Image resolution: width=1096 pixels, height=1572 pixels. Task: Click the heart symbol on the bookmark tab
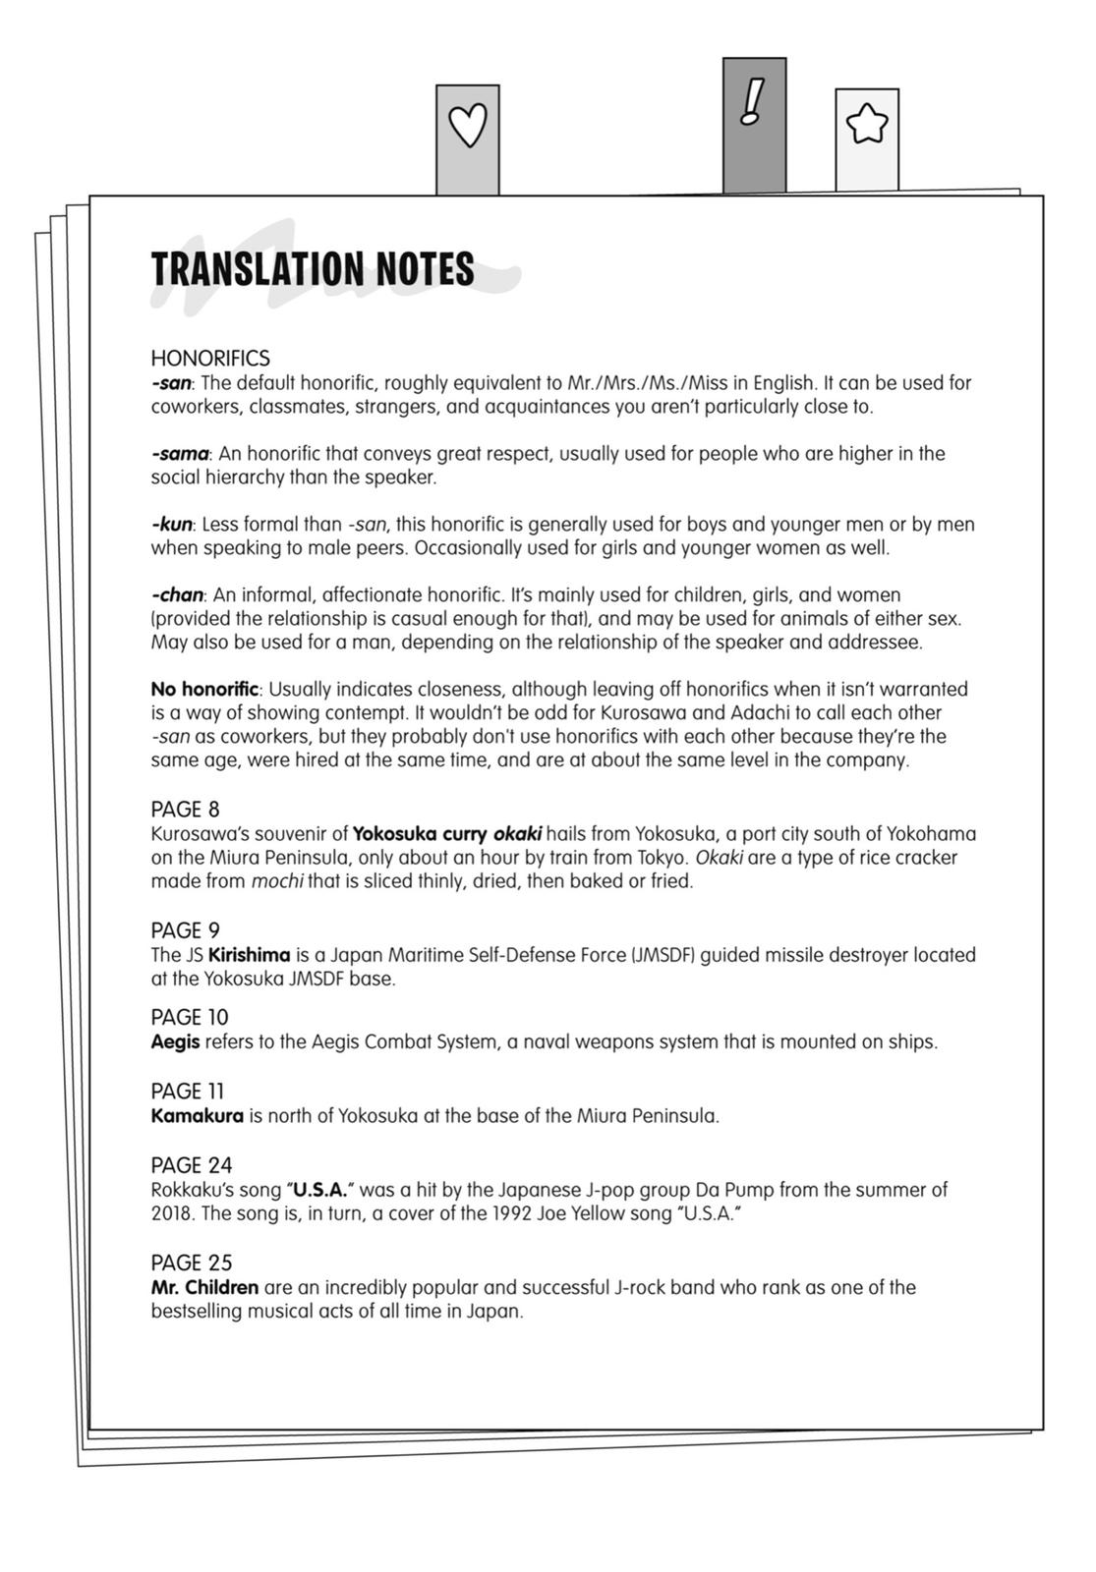pos(468,126)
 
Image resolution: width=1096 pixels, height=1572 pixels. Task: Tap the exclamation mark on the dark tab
pos(753,102)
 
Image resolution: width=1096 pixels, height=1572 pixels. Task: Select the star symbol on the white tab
pos(867,125)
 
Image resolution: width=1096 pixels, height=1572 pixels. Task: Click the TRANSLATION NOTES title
pos(313,269)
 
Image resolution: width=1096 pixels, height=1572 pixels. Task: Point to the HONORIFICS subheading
pos(210,359)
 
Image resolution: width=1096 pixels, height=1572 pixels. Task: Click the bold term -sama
pos(180,454)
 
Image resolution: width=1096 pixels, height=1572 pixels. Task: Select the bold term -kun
pos(172,525)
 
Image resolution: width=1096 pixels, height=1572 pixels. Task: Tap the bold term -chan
pos(177,595)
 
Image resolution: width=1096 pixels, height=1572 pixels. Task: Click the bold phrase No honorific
pos(204,690)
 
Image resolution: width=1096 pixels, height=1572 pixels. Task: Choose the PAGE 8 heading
pos(186,810)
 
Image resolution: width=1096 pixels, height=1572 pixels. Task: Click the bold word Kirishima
pos(250,955)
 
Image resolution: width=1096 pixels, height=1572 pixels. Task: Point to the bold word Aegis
pos(175,1041)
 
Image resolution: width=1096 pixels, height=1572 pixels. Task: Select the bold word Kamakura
pos(198,1116)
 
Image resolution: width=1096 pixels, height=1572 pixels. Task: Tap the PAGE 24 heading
pos(192,1165)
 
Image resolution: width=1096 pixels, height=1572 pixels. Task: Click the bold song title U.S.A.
pos(320,1190)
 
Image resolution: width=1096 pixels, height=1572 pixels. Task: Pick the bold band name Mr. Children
pos(204,1287)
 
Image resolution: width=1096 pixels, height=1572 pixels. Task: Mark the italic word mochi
pos(278,881)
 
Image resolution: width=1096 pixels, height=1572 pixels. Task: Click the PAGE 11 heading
pos(188,1092)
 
